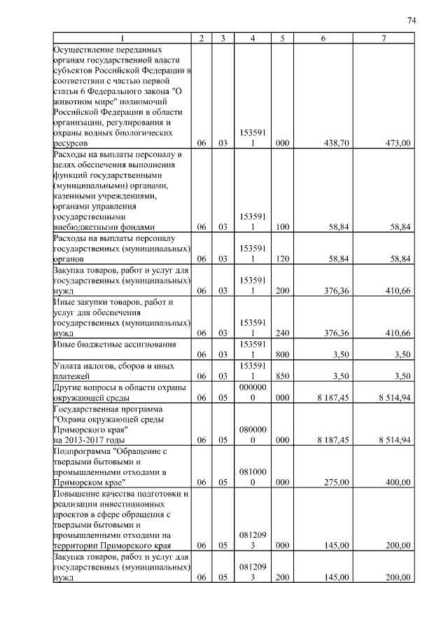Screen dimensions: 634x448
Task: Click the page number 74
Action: [412, 20]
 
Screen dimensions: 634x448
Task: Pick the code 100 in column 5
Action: [282, 227]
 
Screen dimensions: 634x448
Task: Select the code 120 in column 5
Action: [282, 259]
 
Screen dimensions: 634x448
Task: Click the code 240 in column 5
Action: [282, 333]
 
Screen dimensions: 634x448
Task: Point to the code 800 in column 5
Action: [282, 354]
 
